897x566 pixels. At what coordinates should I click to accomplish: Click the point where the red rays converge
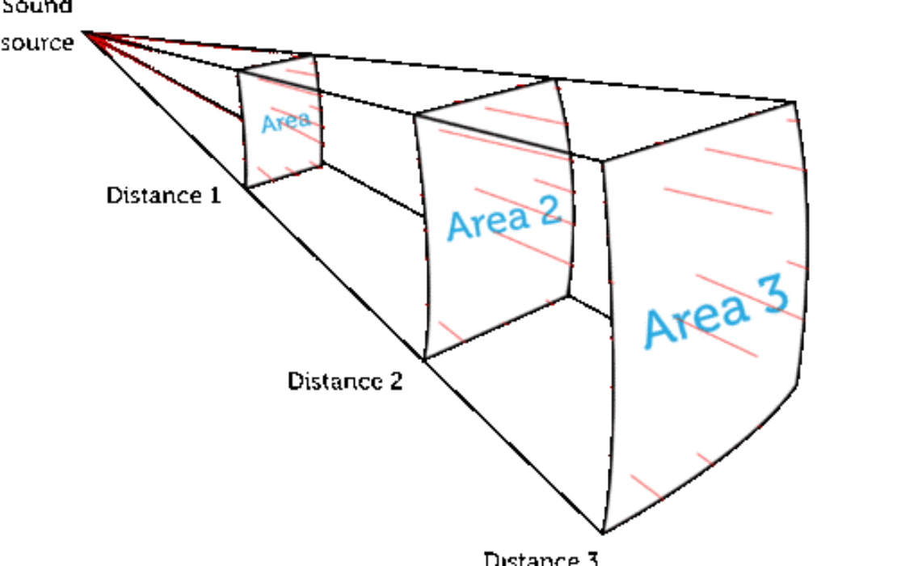89,34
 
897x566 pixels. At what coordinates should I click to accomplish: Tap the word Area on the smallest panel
285,122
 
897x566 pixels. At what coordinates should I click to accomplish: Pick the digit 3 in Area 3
773,296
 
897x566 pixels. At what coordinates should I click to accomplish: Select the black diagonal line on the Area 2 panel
493,134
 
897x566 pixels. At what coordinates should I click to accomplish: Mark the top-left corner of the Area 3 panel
604,164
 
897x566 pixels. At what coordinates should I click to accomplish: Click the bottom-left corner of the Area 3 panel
605,530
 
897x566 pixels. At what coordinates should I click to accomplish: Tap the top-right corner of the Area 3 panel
793,104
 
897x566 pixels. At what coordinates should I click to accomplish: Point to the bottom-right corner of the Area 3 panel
797,385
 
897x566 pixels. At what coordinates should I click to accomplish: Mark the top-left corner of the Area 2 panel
416,116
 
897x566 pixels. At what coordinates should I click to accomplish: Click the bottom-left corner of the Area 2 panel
427,356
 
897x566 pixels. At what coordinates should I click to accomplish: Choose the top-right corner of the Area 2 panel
554,81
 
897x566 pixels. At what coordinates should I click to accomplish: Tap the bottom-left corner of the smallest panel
248,186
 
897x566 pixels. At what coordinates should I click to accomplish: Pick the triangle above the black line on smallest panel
291,70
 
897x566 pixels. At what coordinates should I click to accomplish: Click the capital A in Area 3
659,332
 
